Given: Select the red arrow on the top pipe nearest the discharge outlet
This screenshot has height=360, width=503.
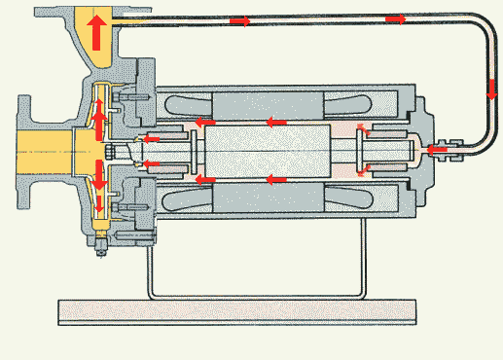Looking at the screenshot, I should (238, 19).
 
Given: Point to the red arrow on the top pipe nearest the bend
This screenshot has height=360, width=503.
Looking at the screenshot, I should (394, 18).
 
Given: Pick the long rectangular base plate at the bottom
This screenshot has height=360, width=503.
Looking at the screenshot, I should (239, 311).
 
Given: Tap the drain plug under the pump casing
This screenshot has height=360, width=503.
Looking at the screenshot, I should (98, 252).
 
